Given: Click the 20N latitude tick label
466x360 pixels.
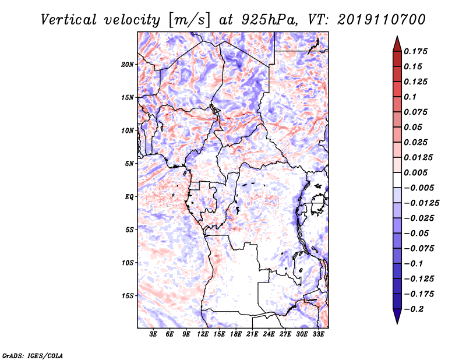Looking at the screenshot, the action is [128, 65].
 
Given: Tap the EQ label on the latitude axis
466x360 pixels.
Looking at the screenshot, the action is [129, 197].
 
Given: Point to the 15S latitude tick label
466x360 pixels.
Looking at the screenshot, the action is [128, 296].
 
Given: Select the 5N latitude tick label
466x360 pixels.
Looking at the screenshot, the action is [129, 164].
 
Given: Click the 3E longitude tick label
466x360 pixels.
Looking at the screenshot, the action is [153, 334].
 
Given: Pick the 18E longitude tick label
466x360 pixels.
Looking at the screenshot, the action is [236, 334].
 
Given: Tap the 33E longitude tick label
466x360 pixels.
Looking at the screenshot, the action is [318, 334].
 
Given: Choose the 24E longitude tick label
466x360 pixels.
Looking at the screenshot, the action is [269, 334].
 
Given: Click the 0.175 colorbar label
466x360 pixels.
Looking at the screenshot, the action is [415, 51].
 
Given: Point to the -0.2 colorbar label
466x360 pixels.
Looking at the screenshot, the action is [414, 309].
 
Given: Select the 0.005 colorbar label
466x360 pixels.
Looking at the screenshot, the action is [415, 172].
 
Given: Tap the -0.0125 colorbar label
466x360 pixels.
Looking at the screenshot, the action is [422, 203].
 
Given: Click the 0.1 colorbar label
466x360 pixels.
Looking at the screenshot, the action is [410, 97].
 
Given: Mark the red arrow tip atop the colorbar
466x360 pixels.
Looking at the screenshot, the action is [397, 36].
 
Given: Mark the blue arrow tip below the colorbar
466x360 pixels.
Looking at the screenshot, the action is [397, 323].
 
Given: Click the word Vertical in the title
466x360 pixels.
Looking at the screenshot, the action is [69, 20].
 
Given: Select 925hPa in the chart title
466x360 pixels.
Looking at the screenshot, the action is [269, 20].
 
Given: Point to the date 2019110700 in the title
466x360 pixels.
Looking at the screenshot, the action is [382, 20].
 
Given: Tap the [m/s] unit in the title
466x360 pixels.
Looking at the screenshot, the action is [190, 20].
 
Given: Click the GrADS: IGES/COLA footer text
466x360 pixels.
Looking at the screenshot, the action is [33, 356].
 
